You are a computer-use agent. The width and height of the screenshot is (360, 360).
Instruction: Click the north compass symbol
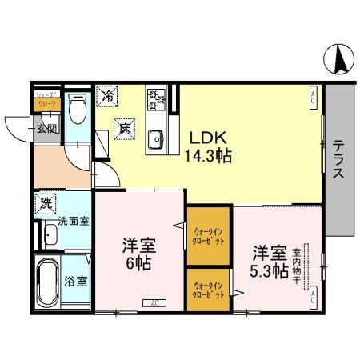click(340, 57)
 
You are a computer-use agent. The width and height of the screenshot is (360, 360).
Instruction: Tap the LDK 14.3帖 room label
click(210, 146)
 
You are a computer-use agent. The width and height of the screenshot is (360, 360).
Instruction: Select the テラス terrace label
click(340, 160)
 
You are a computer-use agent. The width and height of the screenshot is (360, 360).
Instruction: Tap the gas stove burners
click(155, 100)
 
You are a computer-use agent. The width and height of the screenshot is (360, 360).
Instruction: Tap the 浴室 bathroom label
click(77, 281)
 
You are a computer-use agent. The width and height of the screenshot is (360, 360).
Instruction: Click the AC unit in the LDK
click(313, 98)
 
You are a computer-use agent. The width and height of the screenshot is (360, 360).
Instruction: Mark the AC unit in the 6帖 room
click(152, 303)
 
